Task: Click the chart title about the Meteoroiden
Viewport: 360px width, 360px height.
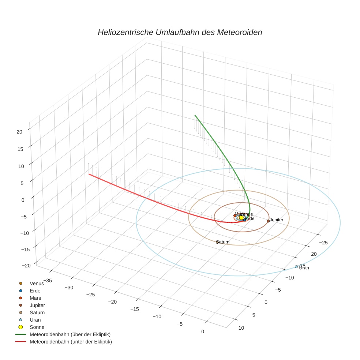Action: tap(180, 32)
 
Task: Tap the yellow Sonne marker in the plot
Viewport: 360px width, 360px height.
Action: tap(241, 218)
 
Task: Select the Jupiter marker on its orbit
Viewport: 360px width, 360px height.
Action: tap(268, 221)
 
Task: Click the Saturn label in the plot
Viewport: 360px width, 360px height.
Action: tap(223, 242)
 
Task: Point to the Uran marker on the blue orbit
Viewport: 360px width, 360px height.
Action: tap(296, 267)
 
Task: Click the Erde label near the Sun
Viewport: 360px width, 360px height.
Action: tap(250, 218)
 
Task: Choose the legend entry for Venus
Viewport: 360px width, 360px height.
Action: tap(37, 283)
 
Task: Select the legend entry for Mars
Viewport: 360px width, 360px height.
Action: tap(35, 298)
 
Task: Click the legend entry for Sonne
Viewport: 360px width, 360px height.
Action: tap(37, 327)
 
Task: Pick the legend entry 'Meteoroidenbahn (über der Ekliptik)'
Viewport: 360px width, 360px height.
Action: tap(70, 334)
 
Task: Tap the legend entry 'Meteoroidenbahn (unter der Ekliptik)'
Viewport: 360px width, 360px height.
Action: tap(71, 342)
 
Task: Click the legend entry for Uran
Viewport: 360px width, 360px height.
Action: tap(35, 320)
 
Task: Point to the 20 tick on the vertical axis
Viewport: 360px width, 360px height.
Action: tap(20, 132)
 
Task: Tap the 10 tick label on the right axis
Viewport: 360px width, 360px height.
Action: tap(241, 328)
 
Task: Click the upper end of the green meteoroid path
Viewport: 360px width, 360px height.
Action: tap(195, 115)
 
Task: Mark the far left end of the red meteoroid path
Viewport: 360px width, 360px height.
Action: tap(89, 174)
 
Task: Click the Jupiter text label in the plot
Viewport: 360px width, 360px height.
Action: tap(277, 220)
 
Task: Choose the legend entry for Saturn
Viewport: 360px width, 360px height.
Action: tap(37, 312)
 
